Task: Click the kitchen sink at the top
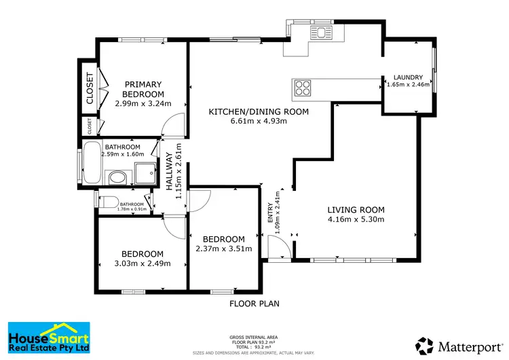click(319, 33)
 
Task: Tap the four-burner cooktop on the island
click(303, 88)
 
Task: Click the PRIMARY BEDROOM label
click(143, 89)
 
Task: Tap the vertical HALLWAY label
click(170, 170)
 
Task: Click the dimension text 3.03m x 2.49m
click(143, 264)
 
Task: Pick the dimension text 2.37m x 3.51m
click(225, 249)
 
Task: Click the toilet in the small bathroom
click(105, 201)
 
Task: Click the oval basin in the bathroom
click(118, 179)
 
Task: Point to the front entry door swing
click(279, 247)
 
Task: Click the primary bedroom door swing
click(174, 124)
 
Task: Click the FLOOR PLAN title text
click(254, 304)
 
